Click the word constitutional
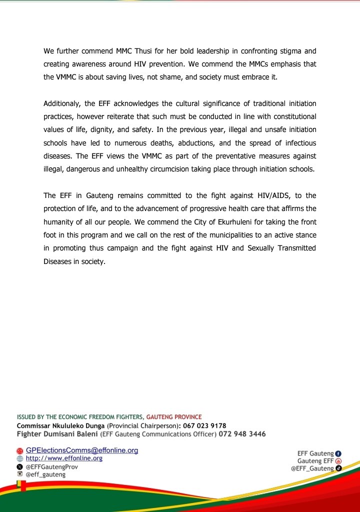pyautogui.click(x=292, y=116)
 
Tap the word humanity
pyautogui.click(x=60, y=221)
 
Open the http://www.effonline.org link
pyautogui.click(x=64, y=458)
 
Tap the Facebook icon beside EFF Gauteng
pyautogui.click(x=338, y=453)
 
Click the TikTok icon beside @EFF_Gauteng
pyautogui.click(x=338, y=468)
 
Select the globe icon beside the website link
pyautogui.click(x=20, y=458)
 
